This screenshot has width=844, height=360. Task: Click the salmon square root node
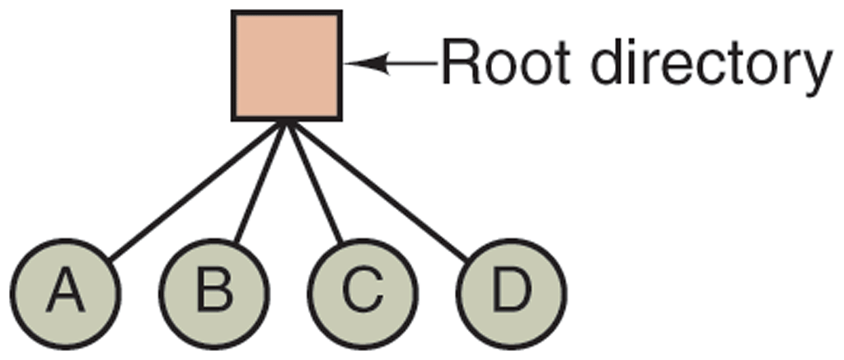coord(285,65)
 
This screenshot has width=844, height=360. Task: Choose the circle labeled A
coord(66,292)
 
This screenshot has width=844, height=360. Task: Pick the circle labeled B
coord(213,292)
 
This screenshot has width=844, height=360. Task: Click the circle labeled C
coord(363,292)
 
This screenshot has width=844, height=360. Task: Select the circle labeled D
coord(511,292)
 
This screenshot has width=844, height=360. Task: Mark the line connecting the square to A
coord(198,189)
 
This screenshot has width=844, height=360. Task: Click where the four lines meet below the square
coord(285,124)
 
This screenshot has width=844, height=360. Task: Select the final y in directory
coord(813,72)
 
